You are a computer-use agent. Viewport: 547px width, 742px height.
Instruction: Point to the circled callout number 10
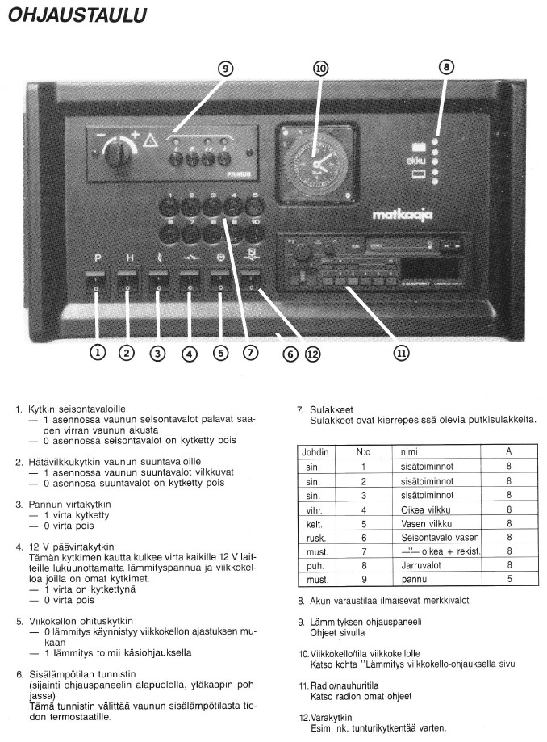(321, 69)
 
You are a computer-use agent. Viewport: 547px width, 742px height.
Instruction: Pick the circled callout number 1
(97, 352)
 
